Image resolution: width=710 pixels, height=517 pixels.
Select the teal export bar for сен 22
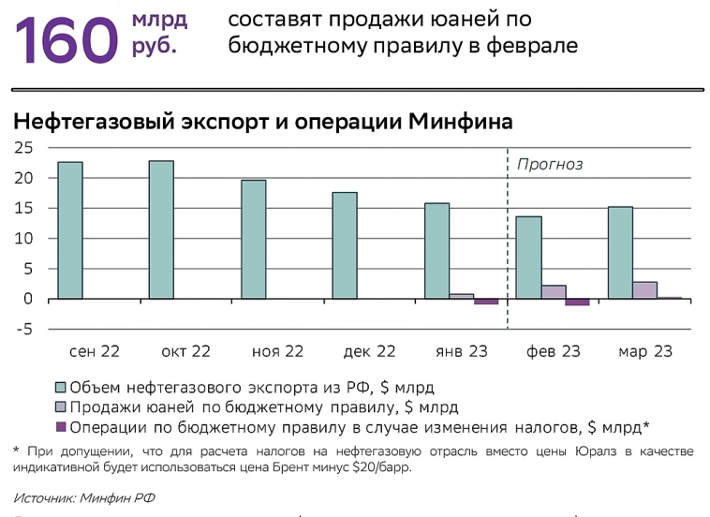tap(70, 230)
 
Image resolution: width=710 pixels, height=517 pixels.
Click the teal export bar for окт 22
tap(161, 229)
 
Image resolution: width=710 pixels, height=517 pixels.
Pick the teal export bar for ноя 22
tap(254, 240)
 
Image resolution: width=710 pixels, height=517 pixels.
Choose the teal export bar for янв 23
tap(436, 251)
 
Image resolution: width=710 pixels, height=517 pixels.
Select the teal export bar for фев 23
tap(528, 258)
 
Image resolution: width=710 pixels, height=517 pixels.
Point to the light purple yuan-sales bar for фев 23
tap(554, 292)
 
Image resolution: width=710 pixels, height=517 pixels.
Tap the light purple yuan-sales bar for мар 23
tap(644, 290)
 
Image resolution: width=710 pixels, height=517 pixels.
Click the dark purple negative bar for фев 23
tap(577, 303)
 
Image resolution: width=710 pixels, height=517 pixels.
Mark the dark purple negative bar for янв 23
tap(485, 302)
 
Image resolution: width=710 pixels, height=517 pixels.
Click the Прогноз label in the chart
tap(550, 164)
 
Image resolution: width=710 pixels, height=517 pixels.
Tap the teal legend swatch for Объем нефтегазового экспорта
tap(62, 386)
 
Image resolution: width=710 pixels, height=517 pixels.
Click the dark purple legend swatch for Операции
tap(62, 427)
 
